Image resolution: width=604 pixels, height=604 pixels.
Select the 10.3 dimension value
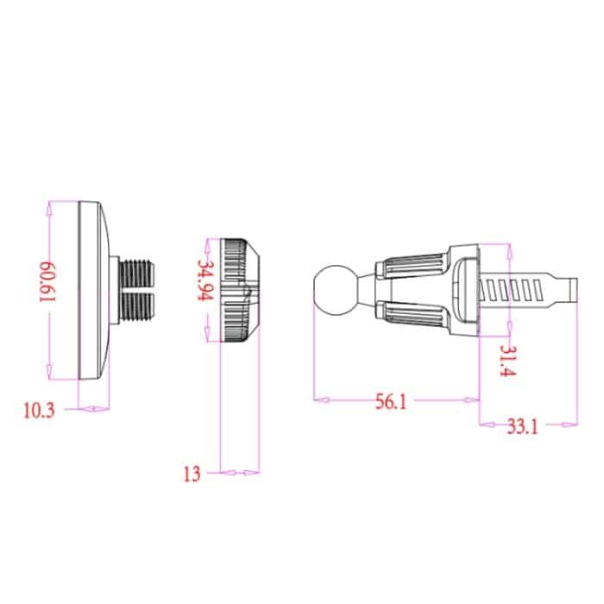[x=38, y=410]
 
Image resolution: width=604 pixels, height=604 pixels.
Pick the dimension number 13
[x=192, y=473]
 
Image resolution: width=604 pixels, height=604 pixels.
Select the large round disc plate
[x=93, y=289]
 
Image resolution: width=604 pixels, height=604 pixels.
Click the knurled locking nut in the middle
[x=239, y=289]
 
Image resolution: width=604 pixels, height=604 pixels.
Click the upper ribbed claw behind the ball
[x=416, y=264]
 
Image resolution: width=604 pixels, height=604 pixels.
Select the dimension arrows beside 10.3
[x=94, y=409]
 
